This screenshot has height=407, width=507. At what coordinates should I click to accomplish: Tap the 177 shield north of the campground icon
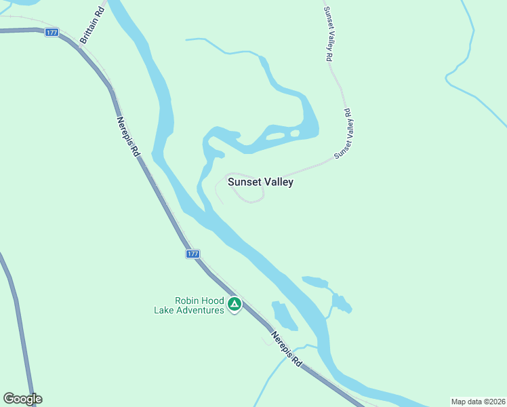(192, 254)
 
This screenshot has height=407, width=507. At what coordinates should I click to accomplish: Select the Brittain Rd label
(92, 26)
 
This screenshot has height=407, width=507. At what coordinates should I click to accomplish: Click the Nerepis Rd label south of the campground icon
(285, 349)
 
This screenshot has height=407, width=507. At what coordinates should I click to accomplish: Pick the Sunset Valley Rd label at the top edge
(328, 34)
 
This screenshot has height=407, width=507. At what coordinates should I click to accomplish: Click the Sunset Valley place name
(260, 182)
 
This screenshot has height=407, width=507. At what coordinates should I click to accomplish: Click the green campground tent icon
(235, 305)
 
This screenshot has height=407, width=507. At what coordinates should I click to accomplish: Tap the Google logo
(22, 399)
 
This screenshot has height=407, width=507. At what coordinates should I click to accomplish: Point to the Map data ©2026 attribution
(478, 402)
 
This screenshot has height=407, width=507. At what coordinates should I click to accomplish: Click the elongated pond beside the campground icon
(283, 315)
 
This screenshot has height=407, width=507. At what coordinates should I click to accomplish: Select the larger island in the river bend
(275, 136)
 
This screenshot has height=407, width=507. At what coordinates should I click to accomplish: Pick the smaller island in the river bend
(295, 133)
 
